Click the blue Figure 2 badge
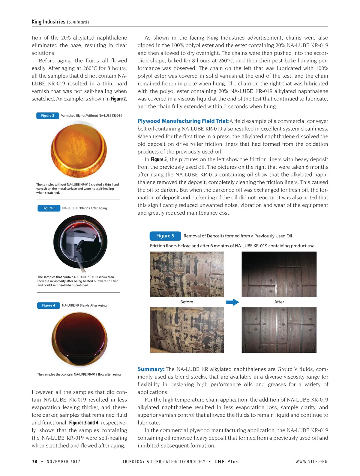(x=47, y=116)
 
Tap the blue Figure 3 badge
(x=49, y=208)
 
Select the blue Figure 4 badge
(x=48, y=305)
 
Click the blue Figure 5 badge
(x=165, y=236)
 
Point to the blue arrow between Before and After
(x=232, y=302)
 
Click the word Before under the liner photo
(x=187, y=302)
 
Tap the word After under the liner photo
(x=279, y=302)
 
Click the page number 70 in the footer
(x=35, y=462)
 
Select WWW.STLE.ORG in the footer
(x=311, y=462)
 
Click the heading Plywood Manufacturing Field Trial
(x=183, y=121)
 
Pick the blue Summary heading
(x=151, y=369)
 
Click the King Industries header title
(x=48, y=22)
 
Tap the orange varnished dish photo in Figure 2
(x=79, y=150)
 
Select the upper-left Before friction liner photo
(x=187, y=274)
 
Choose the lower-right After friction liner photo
(x=279, y=330)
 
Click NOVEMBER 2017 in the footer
(x=63, y=462)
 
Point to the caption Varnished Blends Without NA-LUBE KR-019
(x=91, y=116)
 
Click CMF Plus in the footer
(x=227, y=462)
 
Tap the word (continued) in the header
(x=78, y=22)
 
